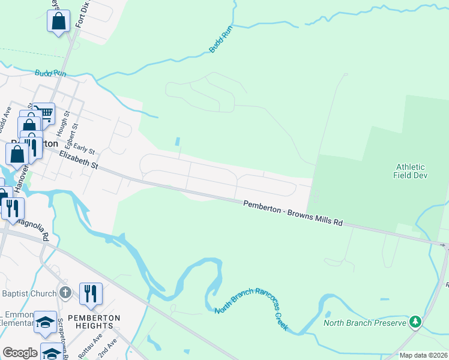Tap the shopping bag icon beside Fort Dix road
click(x=59, y=22)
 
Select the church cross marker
click(x=66, y=293)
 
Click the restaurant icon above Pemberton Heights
click(x=91, y=293)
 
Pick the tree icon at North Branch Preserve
click(x=415, y=322)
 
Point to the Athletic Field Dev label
click(x=411, y=172)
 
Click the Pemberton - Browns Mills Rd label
click(x=293, y=214)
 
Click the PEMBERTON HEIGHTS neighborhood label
click(x=94, y=322)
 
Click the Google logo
click(x=20, y=353)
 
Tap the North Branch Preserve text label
click(x=364, y=323)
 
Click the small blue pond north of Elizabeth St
click(x=178, y=142)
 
